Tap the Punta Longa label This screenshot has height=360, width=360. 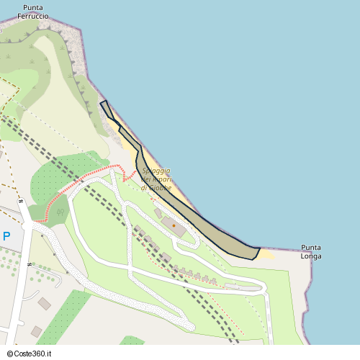tap(311, 251)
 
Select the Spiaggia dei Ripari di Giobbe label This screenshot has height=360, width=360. tap(156, 179)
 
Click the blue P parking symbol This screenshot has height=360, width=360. tap(6, 236)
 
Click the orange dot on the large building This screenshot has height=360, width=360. tap(174, 226)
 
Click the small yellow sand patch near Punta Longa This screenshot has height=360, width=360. tap(266, 253)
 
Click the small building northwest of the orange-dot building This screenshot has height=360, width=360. tap(158, 213)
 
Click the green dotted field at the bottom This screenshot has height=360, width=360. tap(65, 317)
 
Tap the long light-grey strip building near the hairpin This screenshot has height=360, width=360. tap(241, 286)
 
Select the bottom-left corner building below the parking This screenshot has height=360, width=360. tap(36, 332)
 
